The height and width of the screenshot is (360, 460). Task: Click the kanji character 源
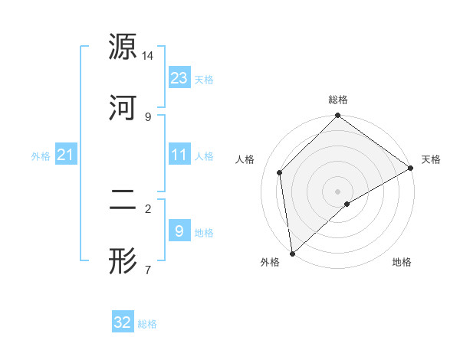click(123, 47)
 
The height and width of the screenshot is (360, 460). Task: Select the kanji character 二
click(123, 200)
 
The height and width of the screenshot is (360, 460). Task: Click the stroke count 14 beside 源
click(148, 56)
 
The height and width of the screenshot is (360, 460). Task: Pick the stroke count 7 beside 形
click(147, 270)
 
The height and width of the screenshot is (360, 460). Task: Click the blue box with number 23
click(179, 78)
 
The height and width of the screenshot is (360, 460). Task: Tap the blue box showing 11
click(179, 155)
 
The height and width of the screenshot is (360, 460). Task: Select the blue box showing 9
click(179, 231)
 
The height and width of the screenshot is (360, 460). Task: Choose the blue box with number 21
click(66, 155)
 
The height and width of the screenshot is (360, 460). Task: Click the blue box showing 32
click(123, 322)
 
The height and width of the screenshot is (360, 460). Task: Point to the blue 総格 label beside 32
click(147, 324)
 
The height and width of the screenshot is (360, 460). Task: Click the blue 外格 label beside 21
click(41, 156)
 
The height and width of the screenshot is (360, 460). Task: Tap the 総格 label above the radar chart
click(338, 100)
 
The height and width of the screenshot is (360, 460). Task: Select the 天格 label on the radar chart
click(431, 159)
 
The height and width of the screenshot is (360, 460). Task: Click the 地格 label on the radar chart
click(402, 262)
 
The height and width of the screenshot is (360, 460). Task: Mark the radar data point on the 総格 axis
click(338, 116)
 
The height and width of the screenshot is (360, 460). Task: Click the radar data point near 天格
click(411, 168)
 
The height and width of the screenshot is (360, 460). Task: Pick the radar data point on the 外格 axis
click(292, 253)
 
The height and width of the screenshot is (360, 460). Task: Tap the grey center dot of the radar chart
click(338, 191)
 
